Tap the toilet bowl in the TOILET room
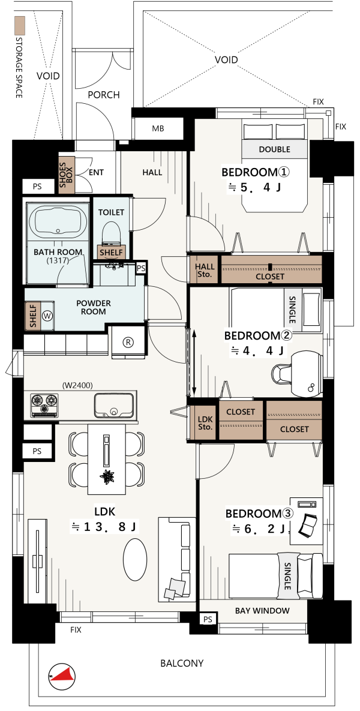[110, 233]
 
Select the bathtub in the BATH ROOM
[58, 221]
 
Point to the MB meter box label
[158, 129]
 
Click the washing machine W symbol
[47, 315]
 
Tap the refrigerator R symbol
[128, 343]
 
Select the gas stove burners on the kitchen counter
[44, 404]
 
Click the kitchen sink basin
[114, 405]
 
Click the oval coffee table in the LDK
[135, 559]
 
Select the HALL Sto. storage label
[203, 270]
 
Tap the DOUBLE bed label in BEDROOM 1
[274, 149]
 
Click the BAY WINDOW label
[262, 611]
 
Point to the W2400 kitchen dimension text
[77, 386]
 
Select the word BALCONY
[182, 664]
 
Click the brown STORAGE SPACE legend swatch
[19, 26]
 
